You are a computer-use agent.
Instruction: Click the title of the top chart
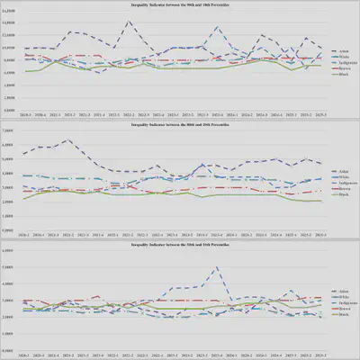(180, 6)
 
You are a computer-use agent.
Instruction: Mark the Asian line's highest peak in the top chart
(129, 22)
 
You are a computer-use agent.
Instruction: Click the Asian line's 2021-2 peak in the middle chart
(68, 139)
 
